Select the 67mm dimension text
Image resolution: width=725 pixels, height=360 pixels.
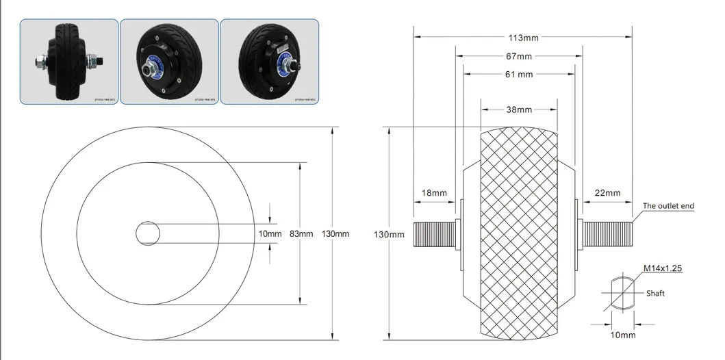tap(520, 56)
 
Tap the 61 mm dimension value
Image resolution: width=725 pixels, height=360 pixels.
tap(519, 75)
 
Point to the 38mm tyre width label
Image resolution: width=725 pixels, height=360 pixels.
tap(519, 110)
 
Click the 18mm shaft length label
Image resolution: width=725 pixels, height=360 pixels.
tap(434, 193)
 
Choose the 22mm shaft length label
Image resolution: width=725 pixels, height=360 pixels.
tap(607, 193)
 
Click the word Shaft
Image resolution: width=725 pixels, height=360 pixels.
tap(655, 294)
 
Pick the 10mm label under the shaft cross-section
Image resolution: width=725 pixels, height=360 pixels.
tap(623, 335)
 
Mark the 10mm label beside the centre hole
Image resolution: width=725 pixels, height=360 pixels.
tap(270, 233)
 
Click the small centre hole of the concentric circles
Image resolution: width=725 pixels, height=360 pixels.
tap(147, 233)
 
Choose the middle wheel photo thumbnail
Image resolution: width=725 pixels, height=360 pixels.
tap(169, 62)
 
